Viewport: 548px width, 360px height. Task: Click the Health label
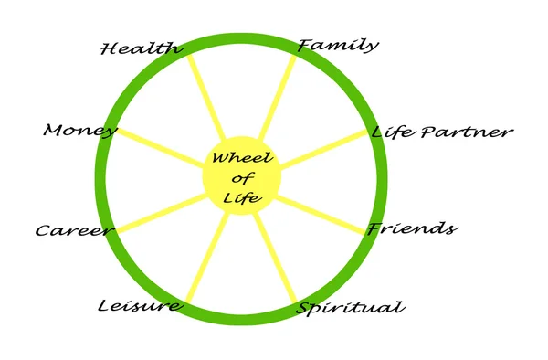[x=141, y=48]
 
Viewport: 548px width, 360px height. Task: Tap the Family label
[x=338, y=45]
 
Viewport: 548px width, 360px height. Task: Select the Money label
[x=80, y=131]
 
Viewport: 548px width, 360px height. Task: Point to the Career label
[x=73, y=230]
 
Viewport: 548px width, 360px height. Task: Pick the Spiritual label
[x=350, y=307]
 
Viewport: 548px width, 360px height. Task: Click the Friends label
[x=411, y=228]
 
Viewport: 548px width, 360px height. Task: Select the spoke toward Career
[x=160, y=213]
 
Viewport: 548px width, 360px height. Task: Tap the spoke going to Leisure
[x=205, y=260]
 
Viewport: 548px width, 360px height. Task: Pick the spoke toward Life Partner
[x=323, y=148]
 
